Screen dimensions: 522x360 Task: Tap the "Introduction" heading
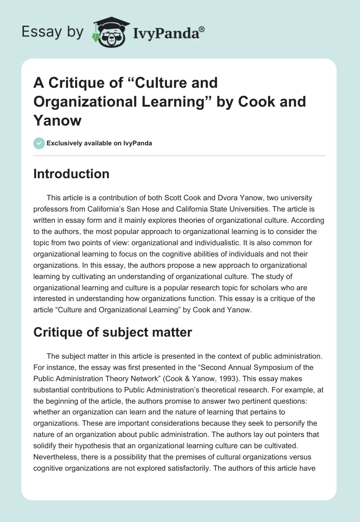click(x=71, y=174)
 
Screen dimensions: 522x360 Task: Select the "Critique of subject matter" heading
click(x=112, y=332)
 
